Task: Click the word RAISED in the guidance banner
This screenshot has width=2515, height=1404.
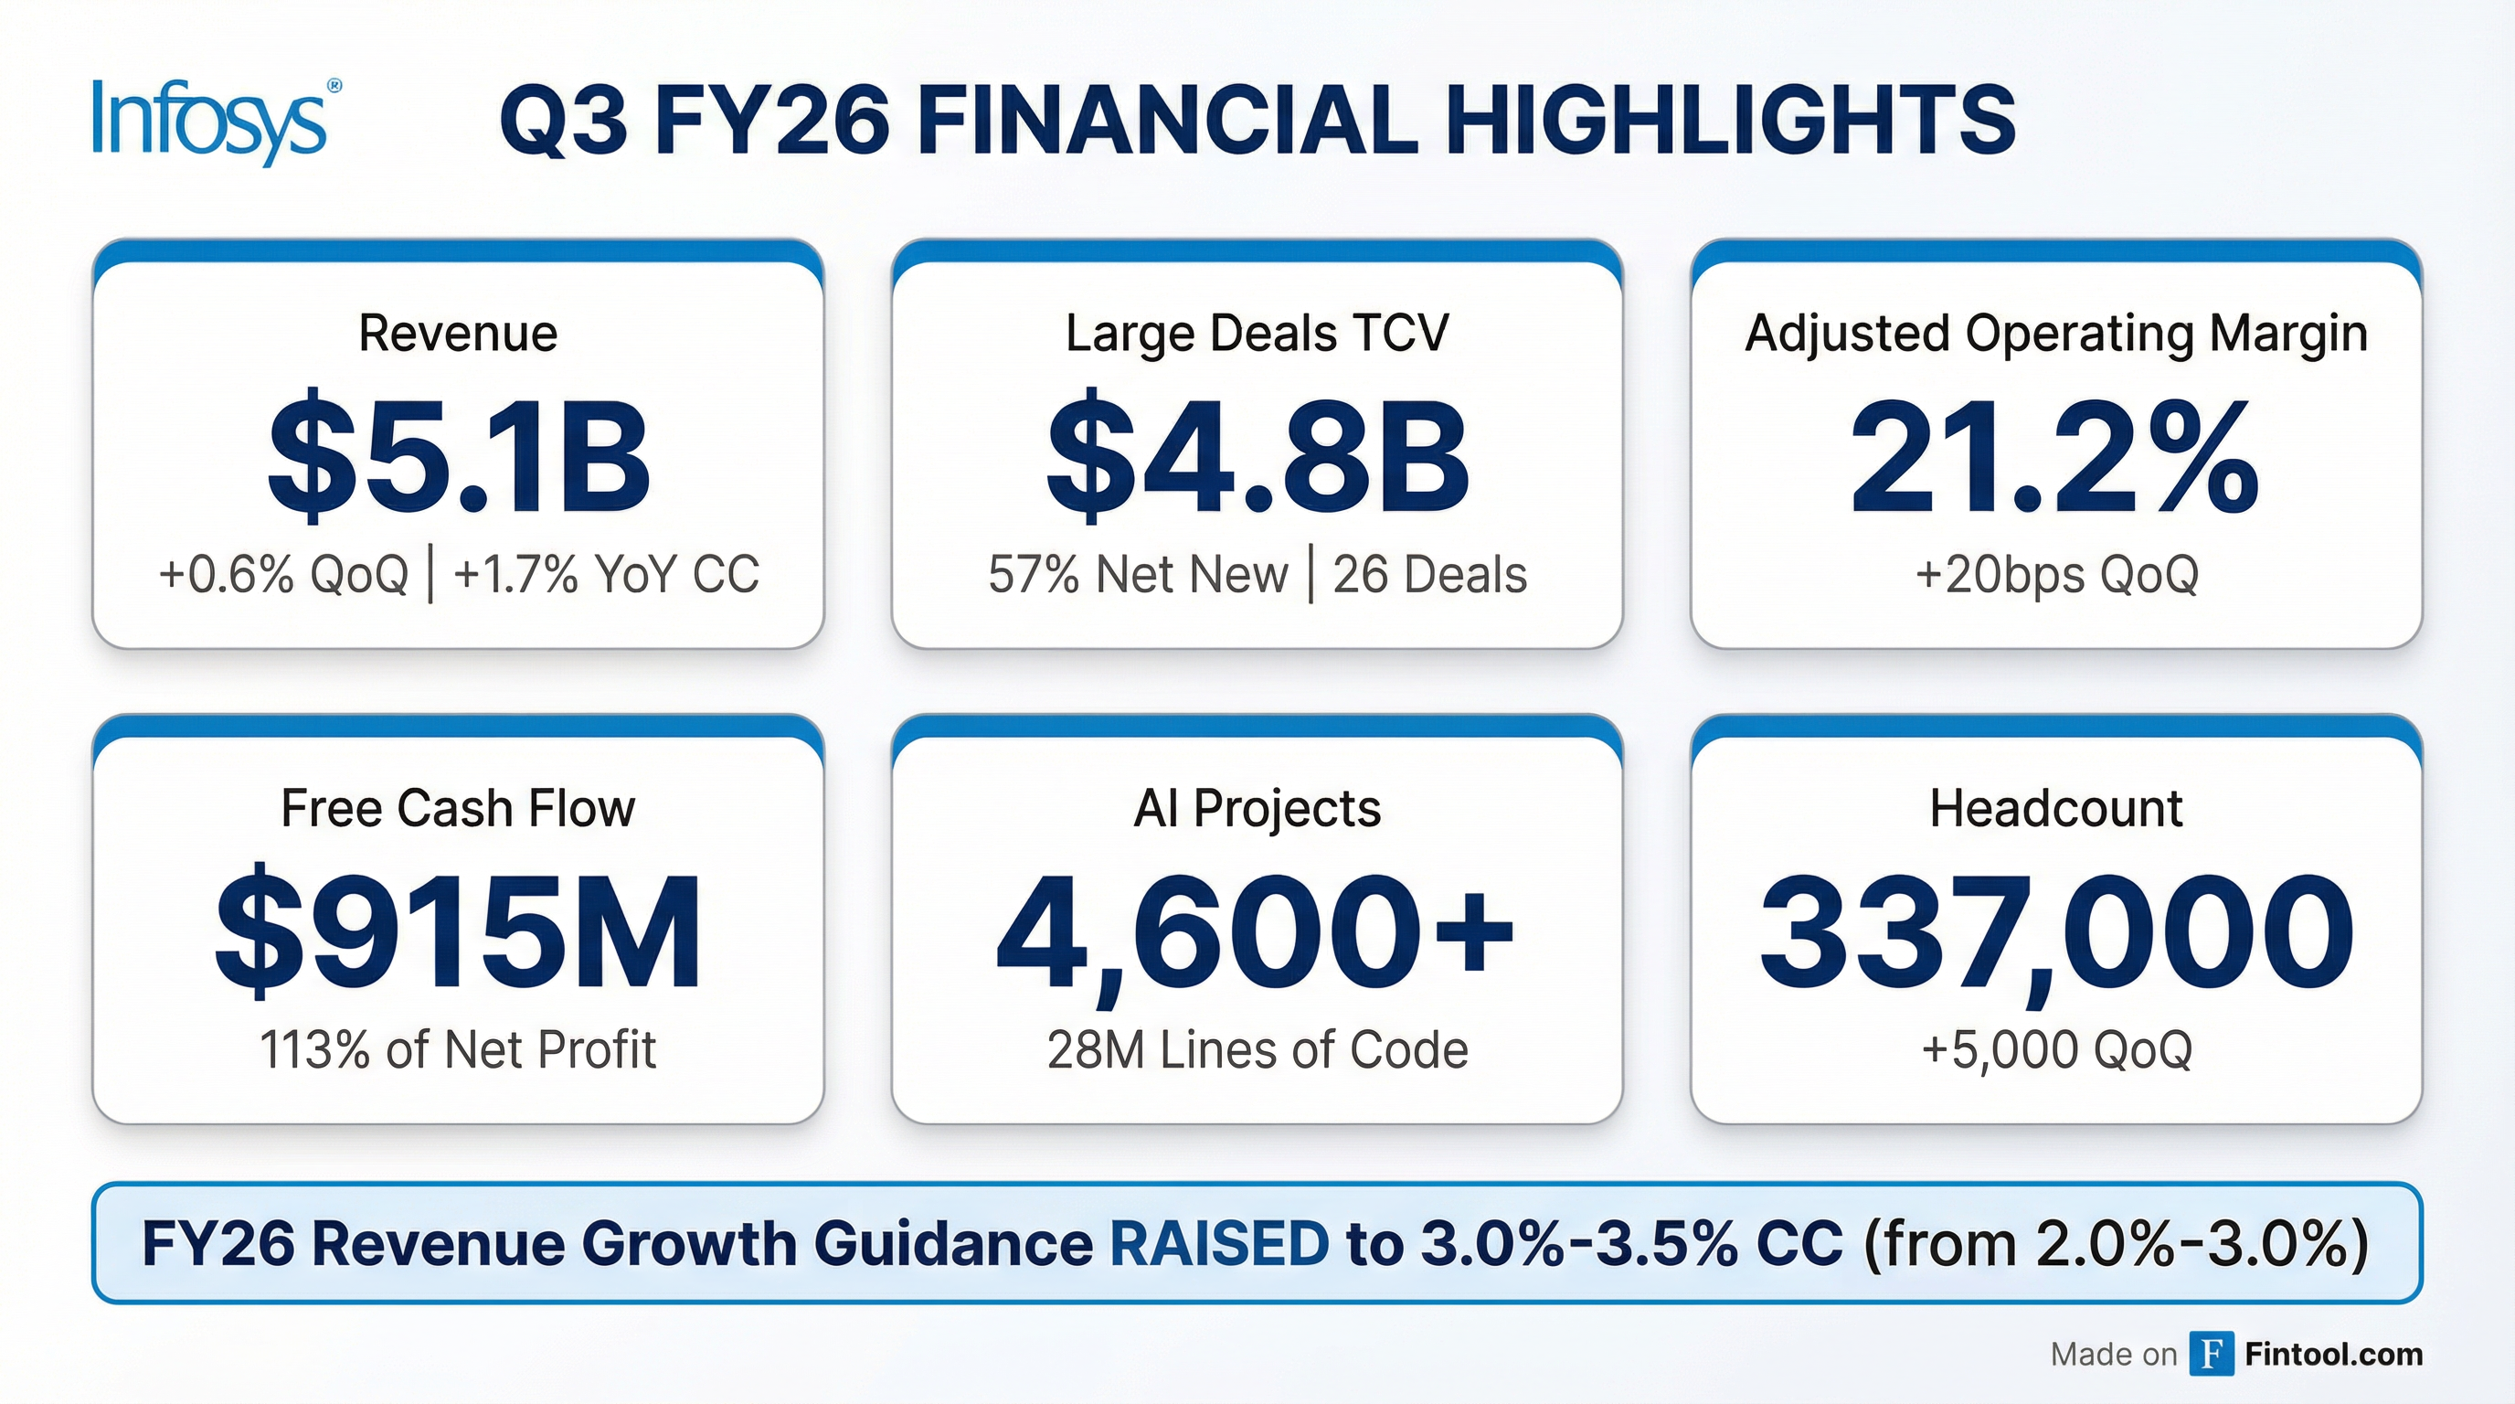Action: (1219, 1244)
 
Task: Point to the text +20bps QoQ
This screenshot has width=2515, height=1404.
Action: (2056, 574)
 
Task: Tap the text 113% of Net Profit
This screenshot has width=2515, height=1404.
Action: (458, 1050)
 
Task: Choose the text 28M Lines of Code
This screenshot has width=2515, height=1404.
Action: (1257, 1050)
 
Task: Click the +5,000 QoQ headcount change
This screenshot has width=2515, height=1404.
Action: (2056, 1050)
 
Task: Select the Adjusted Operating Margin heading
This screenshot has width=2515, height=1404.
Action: (2056, 334)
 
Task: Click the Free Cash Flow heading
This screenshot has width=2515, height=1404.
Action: (458, 809)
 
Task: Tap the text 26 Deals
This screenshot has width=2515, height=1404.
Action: (1429, 574)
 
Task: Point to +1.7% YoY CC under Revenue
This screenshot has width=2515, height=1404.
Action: (606, 574)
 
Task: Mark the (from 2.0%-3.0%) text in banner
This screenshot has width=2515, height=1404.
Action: (2117, 1244)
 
